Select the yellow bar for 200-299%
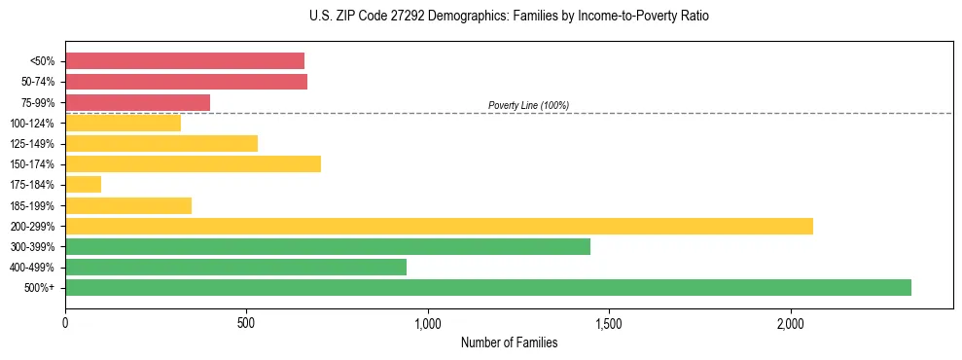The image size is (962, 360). pos(439,226)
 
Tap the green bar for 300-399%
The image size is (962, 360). pos(328,246)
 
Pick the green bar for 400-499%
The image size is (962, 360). pos(235,267)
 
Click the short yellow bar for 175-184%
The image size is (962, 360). pos(83,185)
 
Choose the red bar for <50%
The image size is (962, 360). pos(185,60)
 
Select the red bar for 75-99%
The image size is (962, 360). pos(137,102)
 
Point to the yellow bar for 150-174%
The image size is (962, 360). pos(193,163)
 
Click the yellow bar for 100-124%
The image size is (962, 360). pos(123,123)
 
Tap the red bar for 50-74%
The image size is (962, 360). pos(186,82)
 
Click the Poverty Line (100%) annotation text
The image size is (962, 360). pos(528,105)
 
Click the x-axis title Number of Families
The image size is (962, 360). pos(509,342)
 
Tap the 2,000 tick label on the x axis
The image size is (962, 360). pos(791,322)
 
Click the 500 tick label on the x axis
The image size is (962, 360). pos(246,322)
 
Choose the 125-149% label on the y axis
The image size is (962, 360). pos(32,144)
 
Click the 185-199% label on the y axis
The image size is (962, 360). pos(32,205)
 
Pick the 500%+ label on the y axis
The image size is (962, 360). pos(39,288)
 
